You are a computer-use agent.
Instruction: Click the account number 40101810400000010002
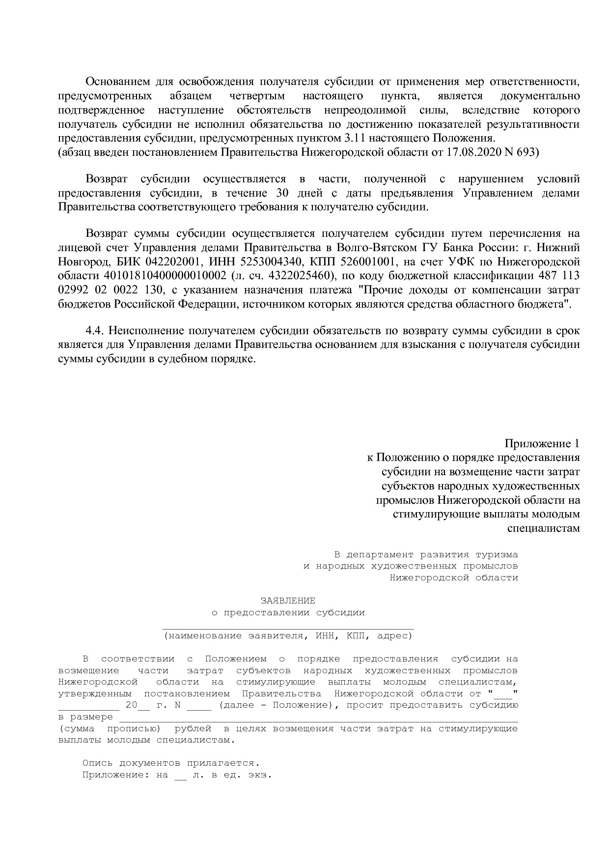165,275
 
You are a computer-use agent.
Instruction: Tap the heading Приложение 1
542,443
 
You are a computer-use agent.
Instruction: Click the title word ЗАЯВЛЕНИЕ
288,601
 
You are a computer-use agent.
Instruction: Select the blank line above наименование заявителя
288,627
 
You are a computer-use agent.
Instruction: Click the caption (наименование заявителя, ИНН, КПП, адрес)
288,635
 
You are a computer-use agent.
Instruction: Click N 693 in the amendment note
521,152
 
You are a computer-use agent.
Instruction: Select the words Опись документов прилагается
170,763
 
